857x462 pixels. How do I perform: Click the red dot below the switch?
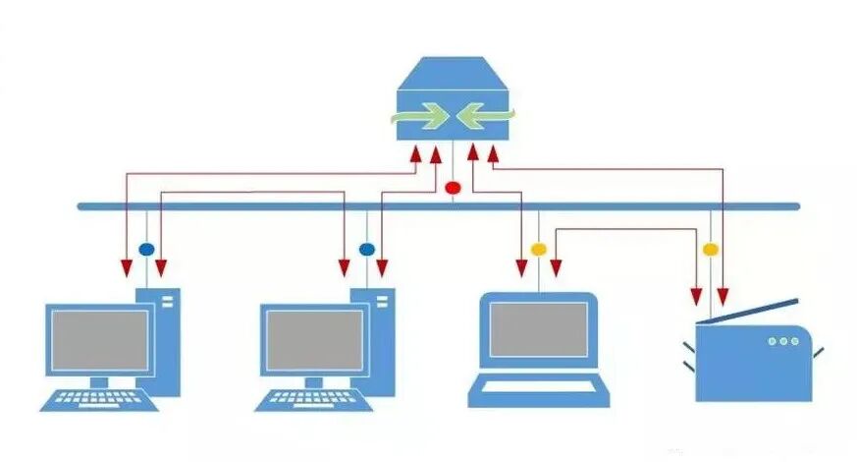click(453, 187)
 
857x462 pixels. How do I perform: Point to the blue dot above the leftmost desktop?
click(145, 249)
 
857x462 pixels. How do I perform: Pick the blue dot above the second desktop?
click(367, 249)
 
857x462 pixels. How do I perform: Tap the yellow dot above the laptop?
click(538, 249)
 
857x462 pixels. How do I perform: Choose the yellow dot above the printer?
click(710, 250)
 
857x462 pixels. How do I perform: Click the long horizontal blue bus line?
click(295, 206)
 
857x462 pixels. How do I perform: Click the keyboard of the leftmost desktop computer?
click(99, 399)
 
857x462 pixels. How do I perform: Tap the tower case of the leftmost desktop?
click(166, 339)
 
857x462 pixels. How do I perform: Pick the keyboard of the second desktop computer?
click(314, 399)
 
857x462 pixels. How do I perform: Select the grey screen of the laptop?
click(539, 329)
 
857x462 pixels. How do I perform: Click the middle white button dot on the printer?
click(782, 341)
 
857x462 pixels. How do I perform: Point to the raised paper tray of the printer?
click(756, 313)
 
